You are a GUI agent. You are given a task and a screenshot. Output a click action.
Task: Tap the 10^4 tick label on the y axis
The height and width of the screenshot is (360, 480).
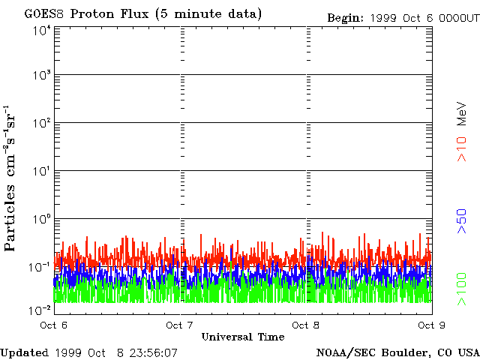pos(42,31)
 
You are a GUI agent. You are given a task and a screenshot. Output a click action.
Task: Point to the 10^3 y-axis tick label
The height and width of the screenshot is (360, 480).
pos(42,76)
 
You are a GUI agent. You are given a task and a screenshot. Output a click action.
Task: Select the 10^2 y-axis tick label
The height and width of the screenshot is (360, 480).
pos(42,123)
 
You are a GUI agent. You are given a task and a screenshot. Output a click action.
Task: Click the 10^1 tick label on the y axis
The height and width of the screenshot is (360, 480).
pos(42,171)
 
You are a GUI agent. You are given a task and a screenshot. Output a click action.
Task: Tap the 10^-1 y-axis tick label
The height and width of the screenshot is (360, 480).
pos(40,266)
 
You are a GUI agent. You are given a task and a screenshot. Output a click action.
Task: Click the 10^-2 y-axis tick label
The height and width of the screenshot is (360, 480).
pos(40,308)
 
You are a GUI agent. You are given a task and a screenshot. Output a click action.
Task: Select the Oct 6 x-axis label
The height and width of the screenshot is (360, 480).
pos(53,325)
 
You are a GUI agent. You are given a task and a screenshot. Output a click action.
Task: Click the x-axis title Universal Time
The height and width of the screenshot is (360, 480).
pos(243,337)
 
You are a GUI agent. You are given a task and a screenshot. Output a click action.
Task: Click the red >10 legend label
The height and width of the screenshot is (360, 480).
pos(463,148)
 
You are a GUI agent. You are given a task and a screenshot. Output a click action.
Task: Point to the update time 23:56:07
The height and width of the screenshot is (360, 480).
pos(152,352)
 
